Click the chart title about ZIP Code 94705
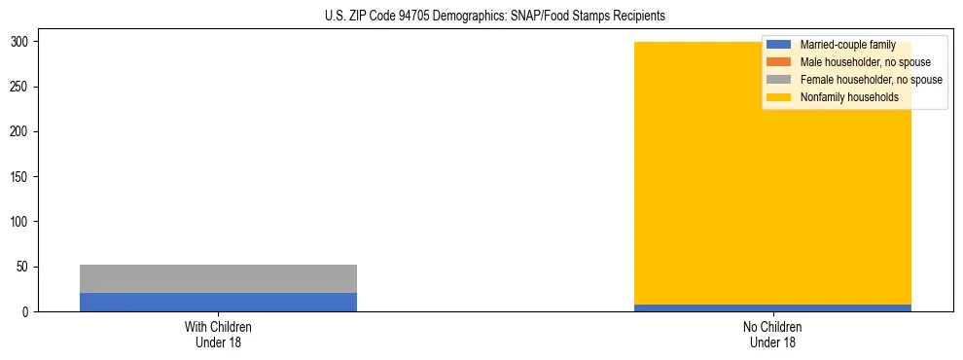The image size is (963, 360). (495, 16)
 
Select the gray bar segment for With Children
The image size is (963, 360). (218, 278)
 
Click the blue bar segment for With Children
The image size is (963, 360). (218, 302)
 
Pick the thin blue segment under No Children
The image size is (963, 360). (772, 307)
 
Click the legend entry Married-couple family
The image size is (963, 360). (847, 45)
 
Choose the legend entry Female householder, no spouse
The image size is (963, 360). (871, 80)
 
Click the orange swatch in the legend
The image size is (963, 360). (778, 62)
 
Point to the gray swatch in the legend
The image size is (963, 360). (778, 80)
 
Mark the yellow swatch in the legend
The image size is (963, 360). (778, 97)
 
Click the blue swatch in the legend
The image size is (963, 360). (778, 45)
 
